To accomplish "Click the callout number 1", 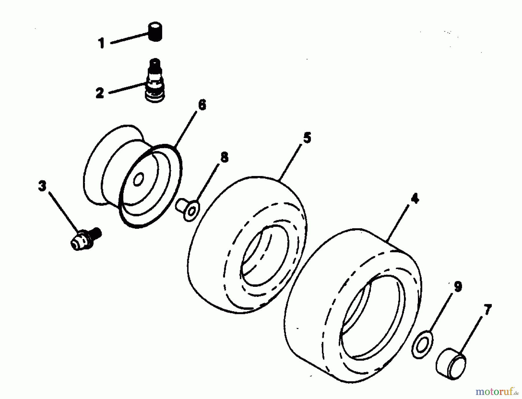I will click(101, 43).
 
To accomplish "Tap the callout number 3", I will click(42, 186).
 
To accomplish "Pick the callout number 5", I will click(307, 138).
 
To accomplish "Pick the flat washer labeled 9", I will click(422, 344).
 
